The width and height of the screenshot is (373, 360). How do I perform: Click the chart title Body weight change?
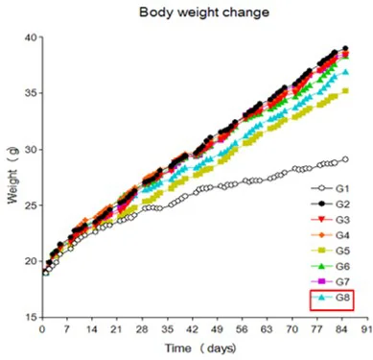[204, 12]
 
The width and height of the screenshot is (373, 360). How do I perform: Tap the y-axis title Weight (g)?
[12, 175]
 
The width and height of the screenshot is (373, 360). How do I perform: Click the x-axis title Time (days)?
[200, 348]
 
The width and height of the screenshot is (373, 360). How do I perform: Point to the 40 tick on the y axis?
[31, 37]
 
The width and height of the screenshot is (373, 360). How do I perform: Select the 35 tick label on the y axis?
[31, 93]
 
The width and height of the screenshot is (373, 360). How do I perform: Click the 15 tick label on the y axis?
[31, 317]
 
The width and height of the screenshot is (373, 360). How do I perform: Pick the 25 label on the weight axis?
[31, 205]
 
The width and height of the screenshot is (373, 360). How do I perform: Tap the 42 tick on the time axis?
[193, 329]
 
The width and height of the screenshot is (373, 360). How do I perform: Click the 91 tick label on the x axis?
[367, 329]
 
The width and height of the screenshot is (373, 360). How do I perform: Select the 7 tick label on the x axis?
[67, 329]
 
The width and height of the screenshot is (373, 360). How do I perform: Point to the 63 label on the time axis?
[267, 329]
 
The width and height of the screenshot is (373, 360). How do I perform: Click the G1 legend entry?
[330, 188]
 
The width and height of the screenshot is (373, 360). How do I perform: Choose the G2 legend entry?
[330, 204]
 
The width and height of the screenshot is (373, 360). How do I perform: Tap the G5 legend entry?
[330, 251]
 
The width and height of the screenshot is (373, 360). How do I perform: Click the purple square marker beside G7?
[322, 281]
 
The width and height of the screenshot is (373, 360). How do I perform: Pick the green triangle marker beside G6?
[322, 266]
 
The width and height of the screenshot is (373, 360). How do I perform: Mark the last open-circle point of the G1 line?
[345, 159]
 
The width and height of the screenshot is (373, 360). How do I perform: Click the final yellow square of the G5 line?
[345, 91]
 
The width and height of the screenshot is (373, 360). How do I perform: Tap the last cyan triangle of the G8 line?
[345, 72]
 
